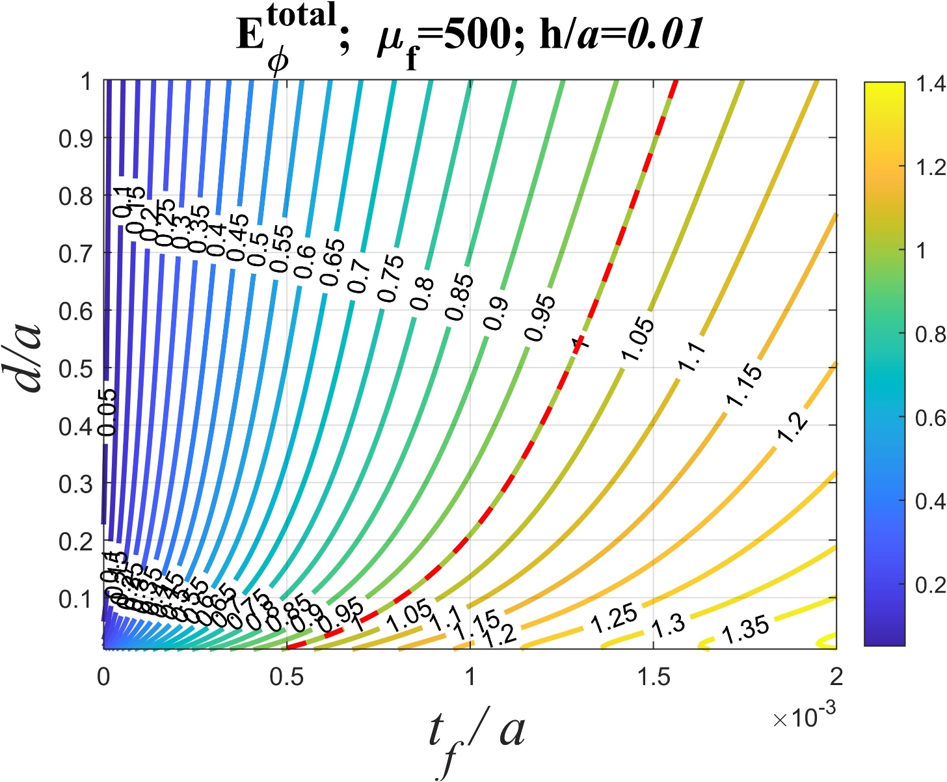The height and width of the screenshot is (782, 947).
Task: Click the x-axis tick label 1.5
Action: point(653,677)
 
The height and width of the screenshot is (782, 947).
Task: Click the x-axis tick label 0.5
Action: point(286,677)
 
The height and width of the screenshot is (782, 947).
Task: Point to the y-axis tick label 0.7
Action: point(75,254)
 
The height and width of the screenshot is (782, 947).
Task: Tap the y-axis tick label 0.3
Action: point(75,485)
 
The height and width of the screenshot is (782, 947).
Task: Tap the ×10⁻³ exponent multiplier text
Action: point(804,717)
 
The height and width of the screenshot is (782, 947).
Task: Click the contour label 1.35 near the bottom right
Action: point(745,630)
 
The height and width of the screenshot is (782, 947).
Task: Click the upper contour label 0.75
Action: point(391,278)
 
